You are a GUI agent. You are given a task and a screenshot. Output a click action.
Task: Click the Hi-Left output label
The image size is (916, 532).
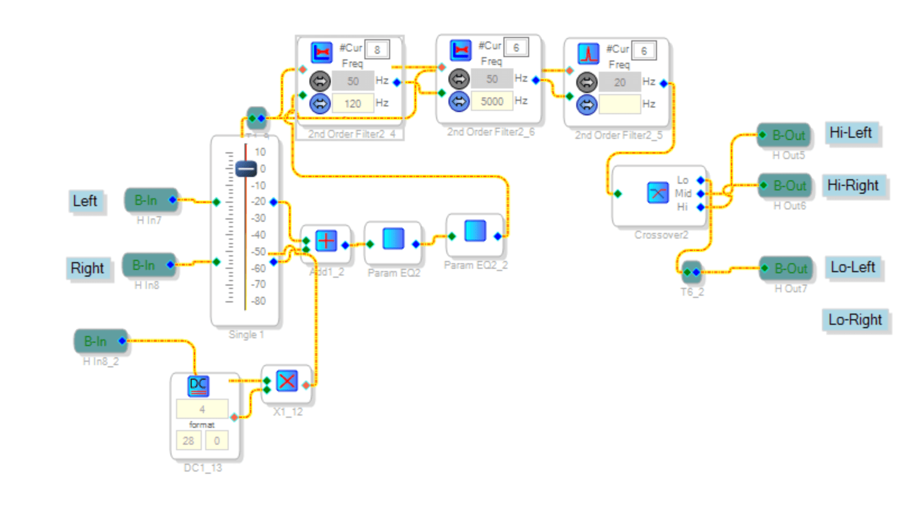[851, 133]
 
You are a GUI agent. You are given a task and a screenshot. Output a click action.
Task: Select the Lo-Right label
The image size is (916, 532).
[855, 320]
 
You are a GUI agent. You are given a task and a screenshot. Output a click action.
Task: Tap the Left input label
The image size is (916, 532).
[85, 201]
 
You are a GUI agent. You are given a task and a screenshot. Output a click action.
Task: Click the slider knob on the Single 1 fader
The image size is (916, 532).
[246, 169]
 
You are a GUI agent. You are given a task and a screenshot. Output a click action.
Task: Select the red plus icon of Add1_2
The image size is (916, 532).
[326, 241]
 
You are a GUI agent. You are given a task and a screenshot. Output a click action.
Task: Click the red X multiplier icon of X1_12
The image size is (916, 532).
[287, 381]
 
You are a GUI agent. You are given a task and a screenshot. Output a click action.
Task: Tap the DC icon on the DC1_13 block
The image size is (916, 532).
[198, 385]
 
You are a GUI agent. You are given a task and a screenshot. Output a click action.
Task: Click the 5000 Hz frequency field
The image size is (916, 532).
[492, 101]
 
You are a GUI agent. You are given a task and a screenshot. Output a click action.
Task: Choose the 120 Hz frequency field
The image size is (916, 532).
[353, 104]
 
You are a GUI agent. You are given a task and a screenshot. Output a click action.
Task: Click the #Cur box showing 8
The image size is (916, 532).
[377, 50]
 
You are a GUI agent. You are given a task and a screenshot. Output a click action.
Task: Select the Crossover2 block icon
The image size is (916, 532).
[658, 193]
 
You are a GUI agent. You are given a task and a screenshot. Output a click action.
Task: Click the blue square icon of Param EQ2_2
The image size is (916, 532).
[475, 231]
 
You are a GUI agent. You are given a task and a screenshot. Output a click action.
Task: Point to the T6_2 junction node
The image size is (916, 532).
[692, 272]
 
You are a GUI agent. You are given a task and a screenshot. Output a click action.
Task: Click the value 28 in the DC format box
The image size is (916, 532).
[188, 441]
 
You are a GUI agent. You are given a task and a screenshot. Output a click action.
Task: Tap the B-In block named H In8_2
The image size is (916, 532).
[100, 341]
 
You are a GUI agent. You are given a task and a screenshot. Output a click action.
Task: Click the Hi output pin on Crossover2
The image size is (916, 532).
[700, 207]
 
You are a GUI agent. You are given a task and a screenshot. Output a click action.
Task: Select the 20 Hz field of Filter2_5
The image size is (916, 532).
[619, 83]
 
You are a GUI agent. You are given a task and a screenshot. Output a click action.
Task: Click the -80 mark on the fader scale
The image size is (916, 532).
[258, 301]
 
